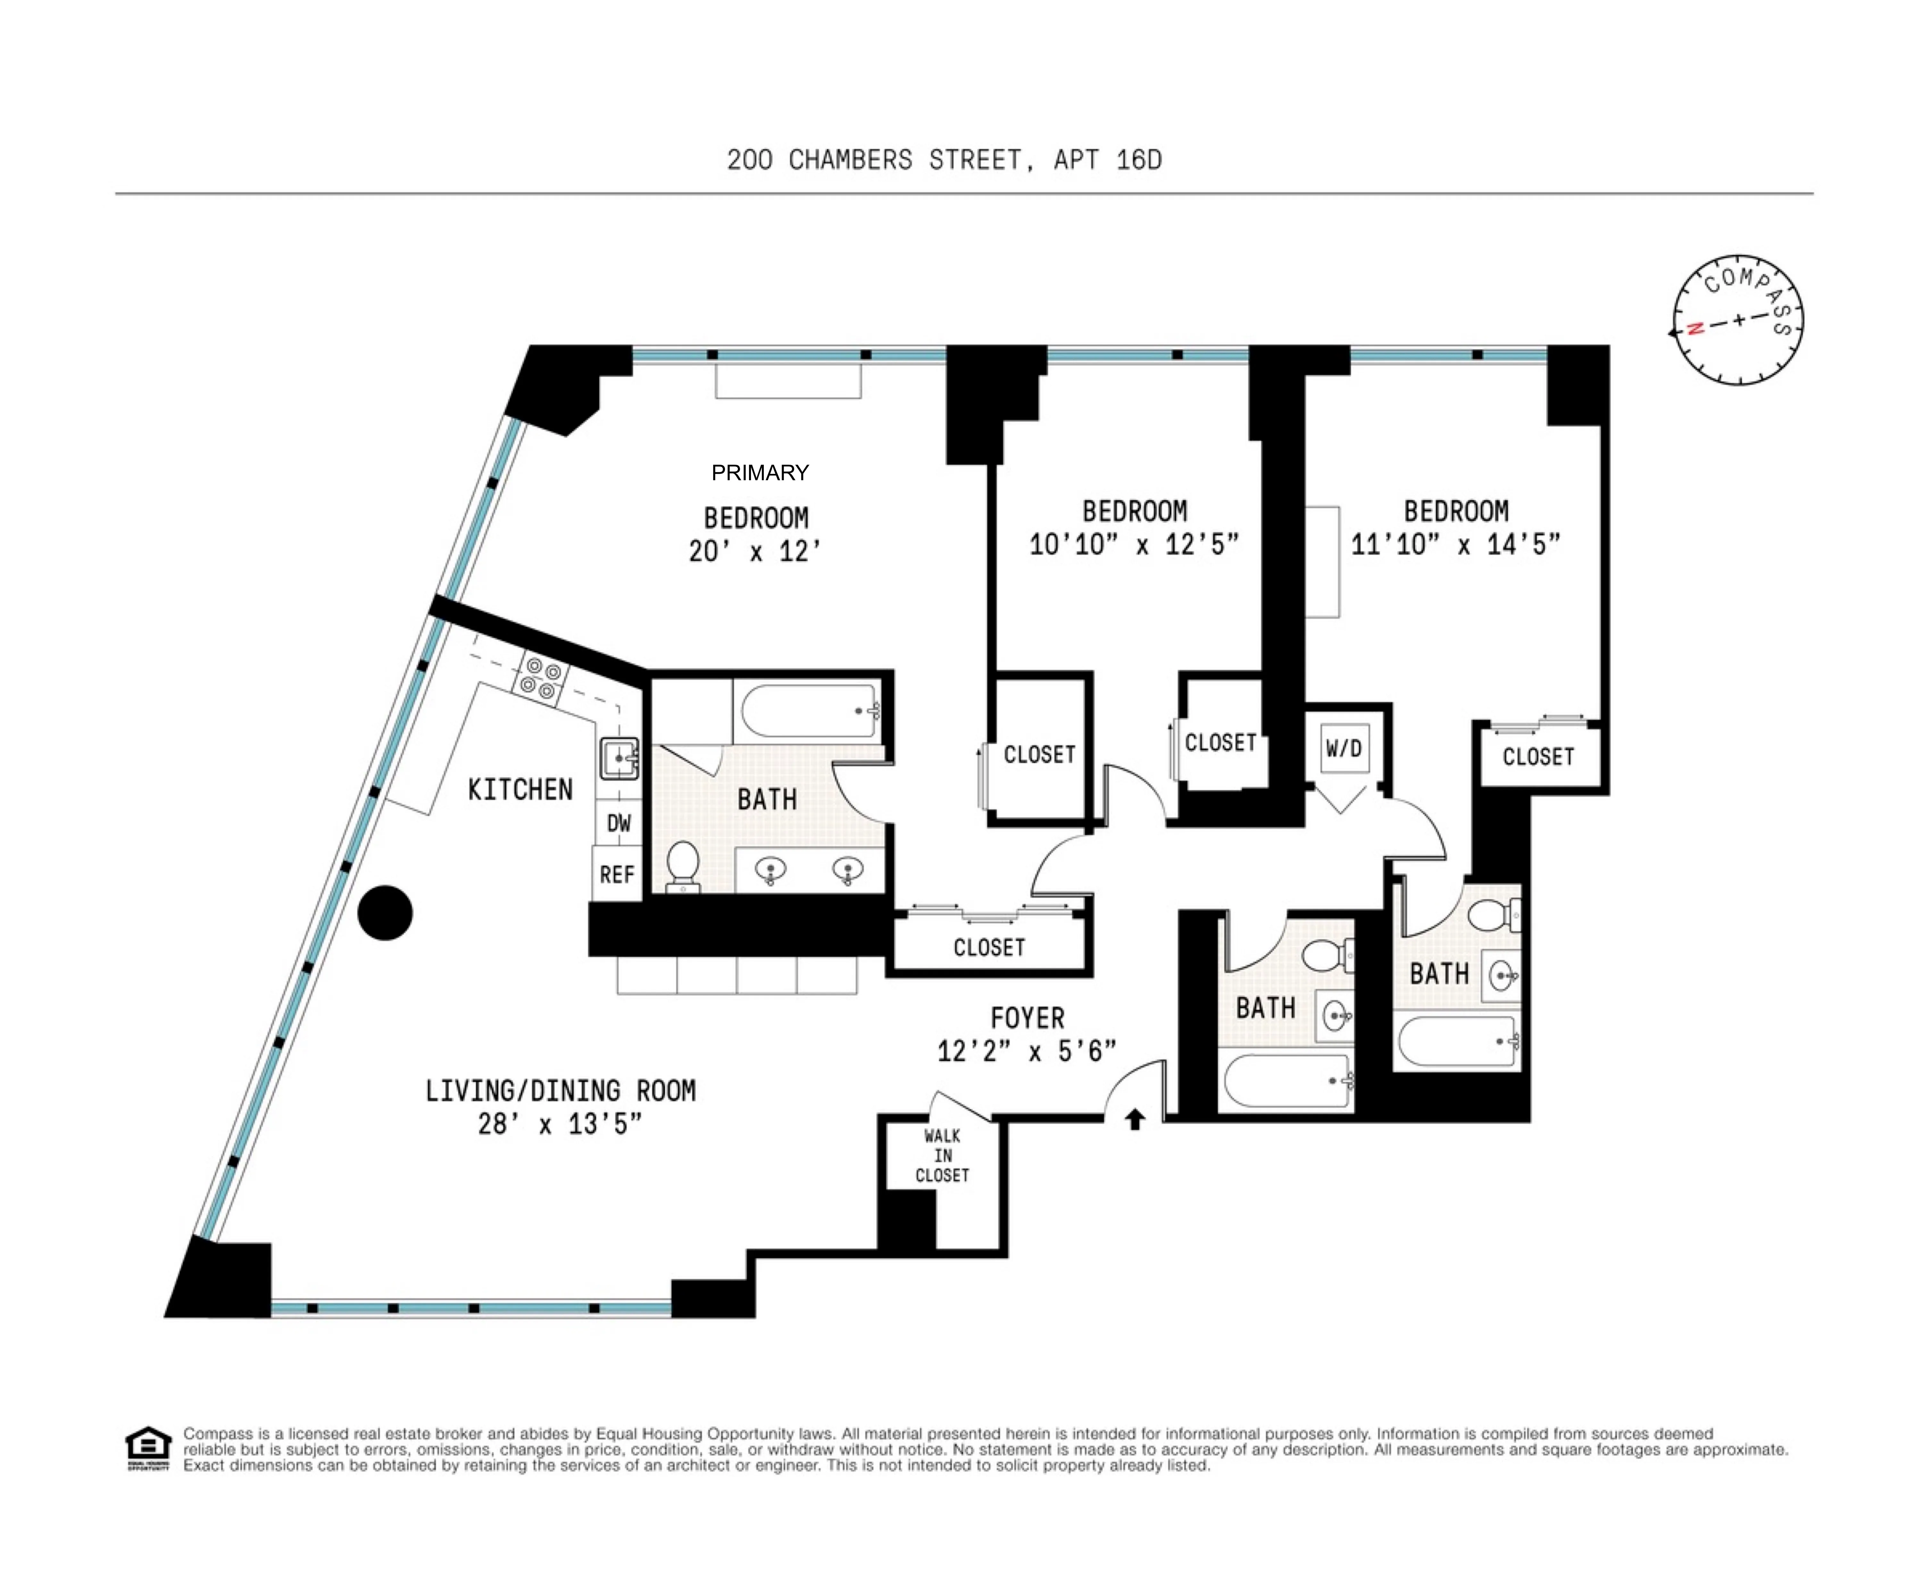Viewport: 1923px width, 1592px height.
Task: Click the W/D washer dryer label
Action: (1343, 748)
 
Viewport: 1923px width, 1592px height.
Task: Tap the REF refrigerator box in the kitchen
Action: (616, 874)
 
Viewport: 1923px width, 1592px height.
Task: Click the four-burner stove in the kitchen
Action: (540, 678)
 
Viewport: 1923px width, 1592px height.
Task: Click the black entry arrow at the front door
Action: (1135, 1119)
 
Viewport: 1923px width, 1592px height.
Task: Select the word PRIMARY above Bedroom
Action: (760, 473)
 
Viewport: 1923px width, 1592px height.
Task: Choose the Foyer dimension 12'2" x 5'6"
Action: (1027, 1051)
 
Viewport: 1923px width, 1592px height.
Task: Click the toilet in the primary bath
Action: (683, 866)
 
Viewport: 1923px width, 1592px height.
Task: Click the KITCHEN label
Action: (520, 790)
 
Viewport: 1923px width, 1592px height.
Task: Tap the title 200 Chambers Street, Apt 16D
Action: (944, 160)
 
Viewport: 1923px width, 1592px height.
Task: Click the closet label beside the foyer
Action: (989, 947)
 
